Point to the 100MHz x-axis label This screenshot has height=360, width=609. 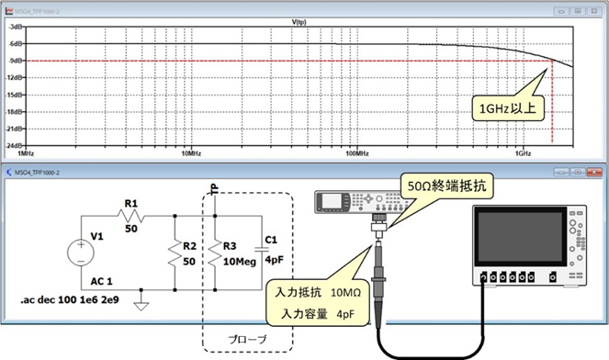point(356,153)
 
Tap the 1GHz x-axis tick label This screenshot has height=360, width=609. point(523,153)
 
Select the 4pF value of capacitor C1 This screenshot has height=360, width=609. point(274,260)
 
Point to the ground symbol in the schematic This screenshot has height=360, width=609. point(141,305)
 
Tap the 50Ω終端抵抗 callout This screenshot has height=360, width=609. point(451,186)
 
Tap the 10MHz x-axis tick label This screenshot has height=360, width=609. point(188,153)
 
